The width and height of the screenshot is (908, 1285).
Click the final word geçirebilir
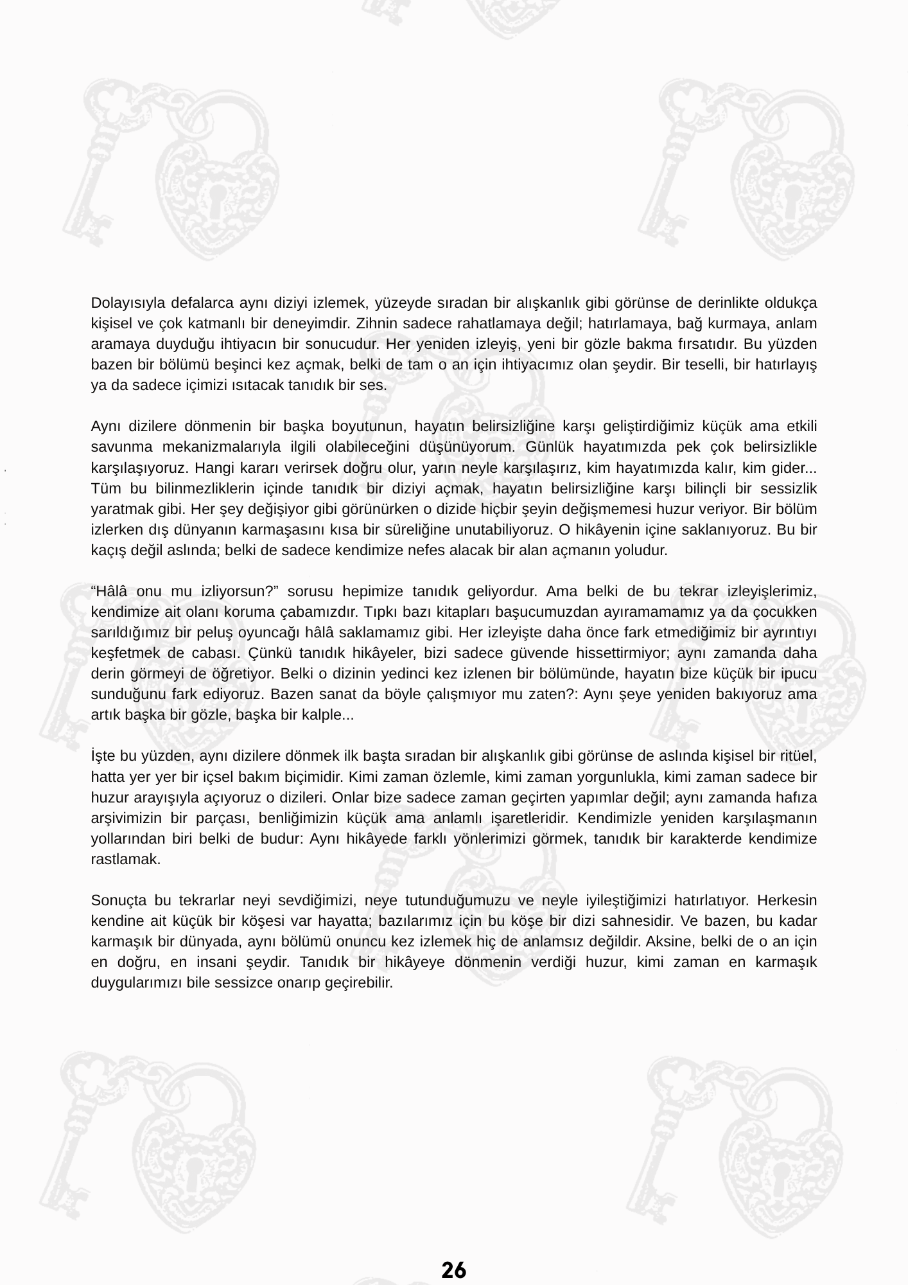coord(360,984)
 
